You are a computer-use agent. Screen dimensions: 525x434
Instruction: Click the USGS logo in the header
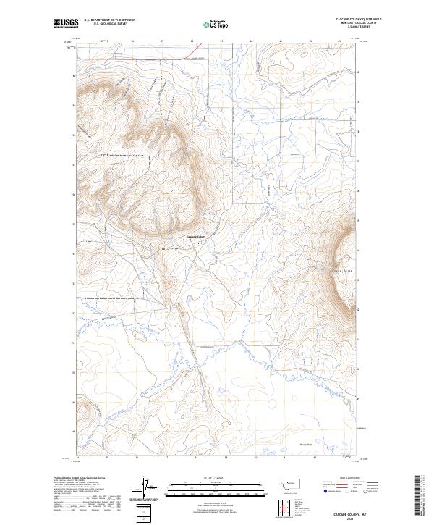click(x=66, y=24)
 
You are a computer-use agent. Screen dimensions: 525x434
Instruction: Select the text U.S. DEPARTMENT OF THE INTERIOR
click(x=109, y=21)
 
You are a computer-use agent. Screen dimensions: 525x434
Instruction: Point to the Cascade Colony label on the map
click(x=197, y=235)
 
